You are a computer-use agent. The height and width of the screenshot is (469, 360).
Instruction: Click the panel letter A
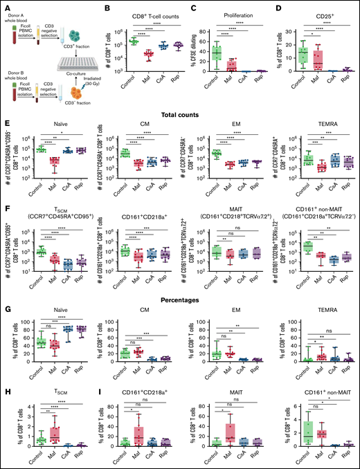(4, 6)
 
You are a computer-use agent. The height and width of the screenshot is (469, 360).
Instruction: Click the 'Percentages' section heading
(181, 288)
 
